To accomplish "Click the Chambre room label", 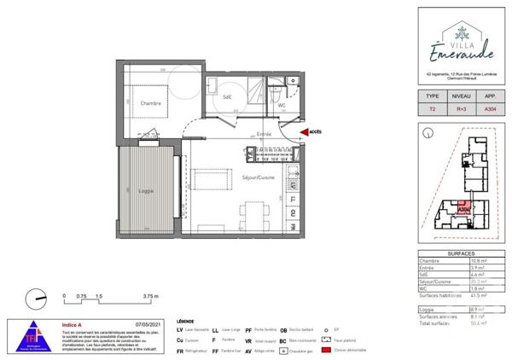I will tap(151, 104).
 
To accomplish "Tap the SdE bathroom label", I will tap(227, 97).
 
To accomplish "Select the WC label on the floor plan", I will tap(281, 105).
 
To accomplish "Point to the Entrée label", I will tap(265, 134).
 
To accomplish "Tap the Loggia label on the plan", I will tap(146, 190).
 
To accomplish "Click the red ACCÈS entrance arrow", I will tap(307, 132).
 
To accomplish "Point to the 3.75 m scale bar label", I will tap(150, 296).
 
